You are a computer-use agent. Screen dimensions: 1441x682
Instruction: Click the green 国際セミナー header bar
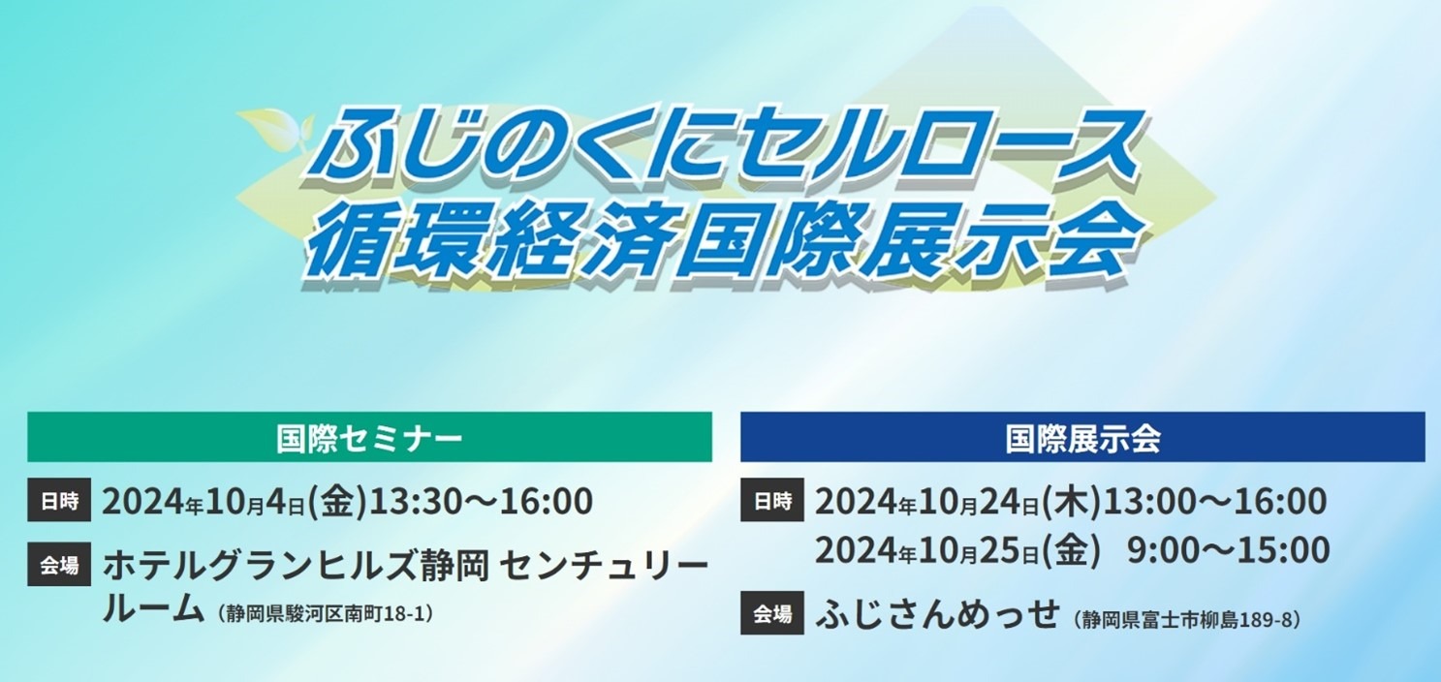point(369,437)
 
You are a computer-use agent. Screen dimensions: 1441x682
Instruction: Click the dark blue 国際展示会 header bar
point(1082,437)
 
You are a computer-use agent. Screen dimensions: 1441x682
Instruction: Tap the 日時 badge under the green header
point(58,501)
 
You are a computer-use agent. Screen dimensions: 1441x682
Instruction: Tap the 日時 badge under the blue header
point(772,501)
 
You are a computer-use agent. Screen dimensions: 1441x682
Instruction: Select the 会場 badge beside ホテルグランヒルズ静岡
point(58,565)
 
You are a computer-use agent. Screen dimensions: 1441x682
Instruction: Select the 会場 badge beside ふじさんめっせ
point(772,613)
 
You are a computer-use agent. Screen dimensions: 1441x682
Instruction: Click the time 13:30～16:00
point(481,501)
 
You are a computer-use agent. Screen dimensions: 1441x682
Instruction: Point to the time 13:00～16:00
point(1214,501)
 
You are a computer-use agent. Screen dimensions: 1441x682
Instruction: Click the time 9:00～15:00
point(1228,549)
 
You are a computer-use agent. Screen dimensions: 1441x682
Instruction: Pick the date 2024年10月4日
point(204,502)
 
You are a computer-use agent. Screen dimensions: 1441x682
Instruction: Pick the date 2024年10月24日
point(926,502)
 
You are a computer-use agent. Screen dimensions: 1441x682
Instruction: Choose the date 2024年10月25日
point(926,550)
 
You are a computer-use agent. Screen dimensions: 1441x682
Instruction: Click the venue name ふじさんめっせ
point(937,614)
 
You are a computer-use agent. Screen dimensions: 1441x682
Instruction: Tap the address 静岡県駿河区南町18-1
point(326,614)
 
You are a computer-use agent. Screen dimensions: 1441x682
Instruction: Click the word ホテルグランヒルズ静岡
point(296,566)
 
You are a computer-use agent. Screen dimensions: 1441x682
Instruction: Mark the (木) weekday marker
point(1071,502)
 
